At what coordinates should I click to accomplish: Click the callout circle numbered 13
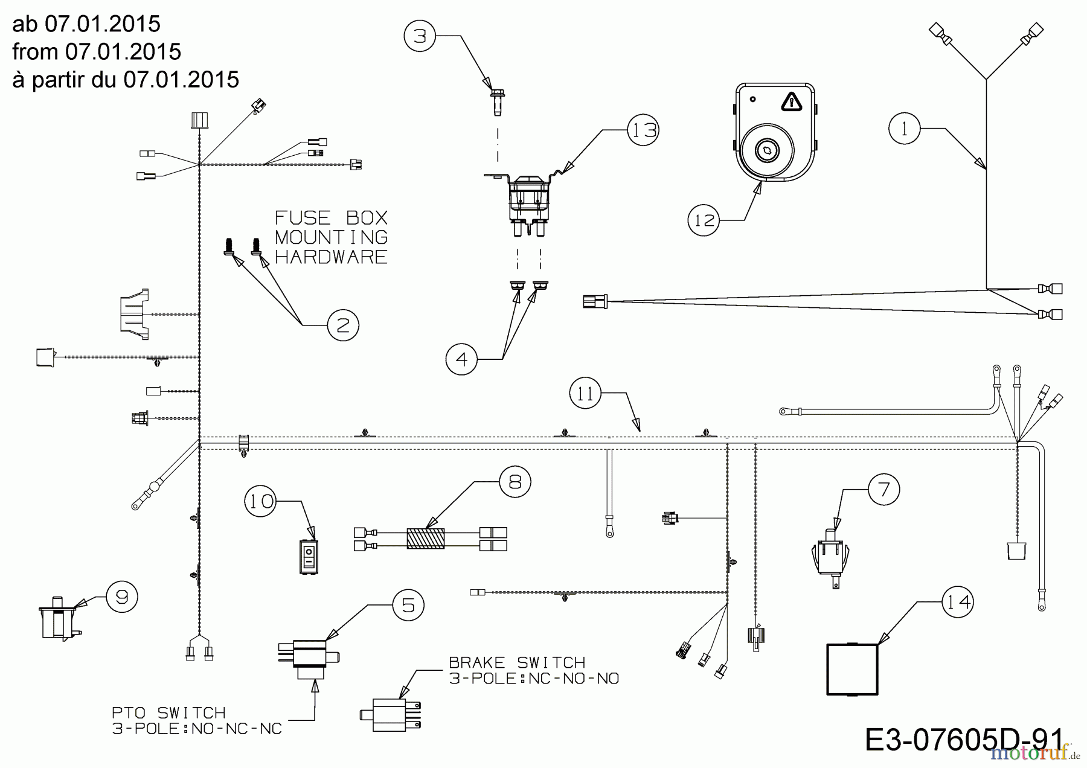coord(643,130)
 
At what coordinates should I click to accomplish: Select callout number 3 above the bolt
coord(420,36)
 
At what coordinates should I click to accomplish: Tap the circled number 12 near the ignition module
coord(704,220)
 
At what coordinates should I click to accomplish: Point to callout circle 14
coord(958,602)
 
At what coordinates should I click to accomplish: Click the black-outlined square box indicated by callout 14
coord(852,669)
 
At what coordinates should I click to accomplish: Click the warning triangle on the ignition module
coord(790,102)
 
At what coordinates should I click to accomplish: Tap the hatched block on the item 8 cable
coord(426,539)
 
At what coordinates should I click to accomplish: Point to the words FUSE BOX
coord(331,217)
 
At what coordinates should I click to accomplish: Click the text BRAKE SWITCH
coord(517,662)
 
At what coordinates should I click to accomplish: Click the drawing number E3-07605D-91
coord(964,740)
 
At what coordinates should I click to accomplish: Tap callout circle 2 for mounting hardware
coord(343,325)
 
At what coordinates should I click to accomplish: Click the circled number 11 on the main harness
coord(585,394)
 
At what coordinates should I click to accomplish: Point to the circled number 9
coord(122,597)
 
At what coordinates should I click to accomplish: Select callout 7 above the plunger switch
coord(883,488)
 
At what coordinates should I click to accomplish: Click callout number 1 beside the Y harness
coord(904,129)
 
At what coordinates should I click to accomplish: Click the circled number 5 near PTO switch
coord(408,605)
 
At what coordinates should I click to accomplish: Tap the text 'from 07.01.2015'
coord(97,52)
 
